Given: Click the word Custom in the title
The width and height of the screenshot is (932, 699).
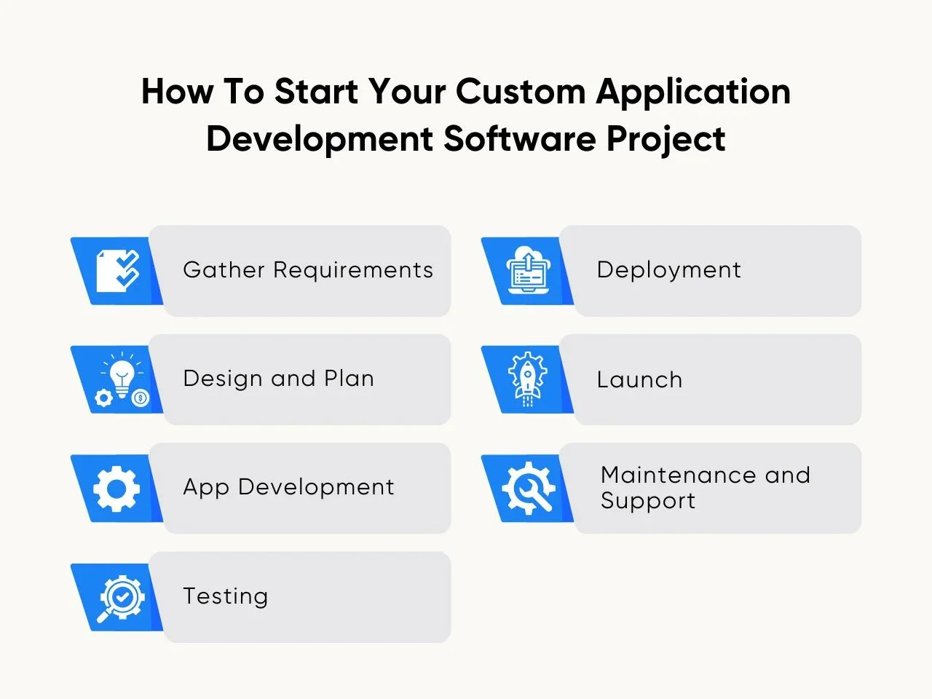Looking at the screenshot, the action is [521, 91].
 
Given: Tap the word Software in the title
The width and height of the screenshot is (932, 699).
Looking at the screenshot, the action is [520, 138].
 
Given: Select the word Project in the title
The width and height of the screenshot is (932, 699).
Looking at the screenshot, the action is [666, 139].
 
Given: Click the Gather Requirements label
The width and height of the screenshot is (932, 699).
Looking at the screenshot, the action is [308, 270].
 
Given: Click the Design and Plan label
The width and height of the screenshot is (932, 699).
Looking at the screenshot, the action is [279, 378].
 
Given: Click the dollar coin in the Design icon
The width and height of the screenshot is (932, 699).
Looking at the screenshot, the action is [140, 398].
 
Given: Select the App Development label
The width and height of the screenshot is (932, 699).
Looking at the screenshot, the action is [288, 487].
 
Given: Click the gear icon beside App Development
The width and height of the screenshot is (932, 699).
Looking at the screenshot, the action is [116, 489].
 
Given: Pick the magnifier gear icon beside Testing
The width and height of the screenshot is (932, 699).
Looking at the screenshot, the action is [121, 599].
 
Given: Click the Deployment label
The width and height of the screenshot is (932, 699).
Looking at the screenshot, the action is [668, 270].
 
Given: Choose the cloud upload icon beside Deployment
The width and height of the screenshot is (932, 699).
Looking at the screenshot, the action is [528, 270].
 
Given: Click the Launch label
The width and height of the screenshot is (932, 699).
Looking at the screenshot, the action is [639, 379].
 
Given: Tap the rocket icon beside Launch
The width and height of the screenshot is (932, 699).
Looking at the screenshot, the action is [527, 379].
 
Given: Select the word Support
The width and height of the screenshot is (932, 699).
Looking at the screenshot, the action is [647, 501].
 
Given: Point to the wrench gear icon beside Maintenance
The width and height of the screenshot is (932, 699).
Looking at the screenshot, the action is [529, 488].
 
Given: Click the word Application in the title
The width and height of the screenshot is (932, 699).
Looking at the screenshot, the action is [693, 92].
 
